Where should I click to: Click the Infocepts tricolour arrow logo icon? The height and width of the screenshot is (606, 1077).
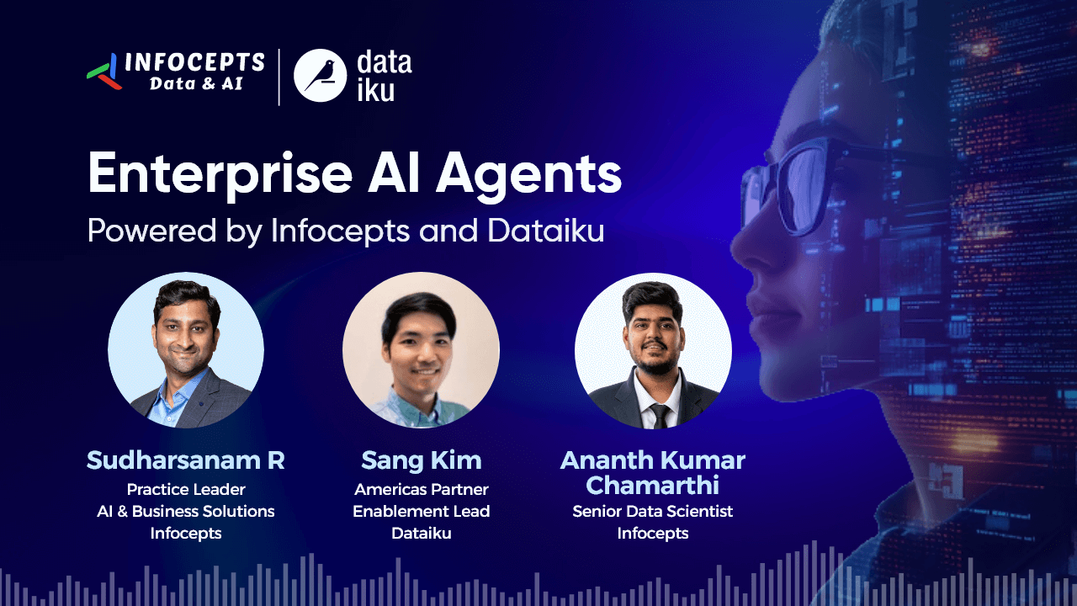tap(103, 72)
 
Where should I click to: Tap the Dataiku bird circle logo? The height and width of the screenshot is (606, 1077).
tap(321, 76)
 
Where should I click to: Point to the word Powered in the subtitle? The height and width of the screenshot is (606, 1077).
tap(152, 231)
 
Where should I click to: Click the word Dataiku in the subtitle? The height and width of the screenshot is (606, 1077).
tap(546, 231)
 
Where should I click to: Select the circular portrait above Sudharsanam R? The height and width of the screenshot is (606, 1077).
tap(186, 350)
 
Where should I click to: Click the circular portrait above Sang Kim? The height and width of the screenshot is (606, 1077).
tap(422, 350)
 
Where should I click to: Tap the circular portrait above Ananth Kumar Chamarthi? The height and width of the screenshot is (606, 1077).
tap(653, 351)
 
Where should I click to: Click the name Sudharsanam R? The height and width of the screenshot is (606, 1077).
tap(186, 460)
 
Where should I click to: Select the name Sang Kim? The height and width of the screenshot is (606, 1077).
tap(422, 460)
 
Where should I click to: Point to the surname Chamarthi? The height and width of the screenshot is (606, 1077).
tap(652, 485)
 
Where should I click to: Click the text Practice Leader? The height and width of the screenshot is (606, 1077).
tap(186, 490)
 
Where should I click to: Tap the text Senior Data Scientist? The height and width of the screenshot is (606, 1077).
tap(652, 511)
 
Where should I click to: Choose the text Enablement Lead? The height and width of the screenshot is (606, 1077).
tap(422, 511)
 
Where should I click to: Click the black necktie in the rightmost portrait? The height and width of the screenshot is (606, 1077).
tap(660, 416)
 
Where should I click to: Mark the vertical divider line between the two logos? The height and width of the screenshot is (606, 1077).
tap(279, 77)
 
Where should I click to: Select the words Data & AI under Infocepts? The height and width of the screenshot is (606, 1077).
tap(196, 83)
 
